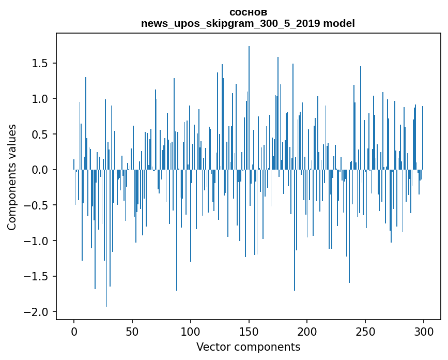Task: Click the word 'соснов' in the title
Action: click(248, 12)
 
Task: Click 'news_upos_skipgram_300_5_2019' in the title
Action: click(230, 23)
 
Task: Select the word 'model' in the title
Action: click(339, 23)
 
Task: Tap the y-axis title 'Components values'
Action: click(12, 177)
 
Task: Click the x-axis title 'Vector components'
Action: click(248, 347)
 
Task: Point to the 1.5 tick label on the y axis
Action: click(40, 63)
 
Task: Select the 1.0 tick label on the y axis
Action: click(40, 99)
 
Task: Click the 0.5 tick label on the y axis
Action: click(40, 134)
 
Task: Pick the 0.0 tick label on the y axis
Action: click(40, 170)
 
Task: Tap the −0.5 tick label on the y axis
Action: click(36, 205)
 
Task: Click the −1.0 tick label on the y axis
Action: click(36, 241)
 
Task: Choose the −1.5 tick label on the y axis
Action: click(36, 276)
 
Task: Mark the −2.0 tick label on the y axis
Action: click(36, 312)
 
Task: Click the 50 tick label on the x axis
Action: click(132, 332)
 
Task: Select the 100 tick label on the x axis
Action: click(190, 332)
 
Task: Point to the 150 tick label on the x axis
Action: click(249, 332)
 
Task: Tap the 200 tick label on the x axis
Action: click(307, 332)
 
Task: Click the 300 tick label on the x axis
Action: click(423, 332)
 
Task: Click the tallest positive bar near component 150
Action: click(249, 108)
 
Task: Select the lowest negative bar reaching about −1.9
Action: click(106, 238)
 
